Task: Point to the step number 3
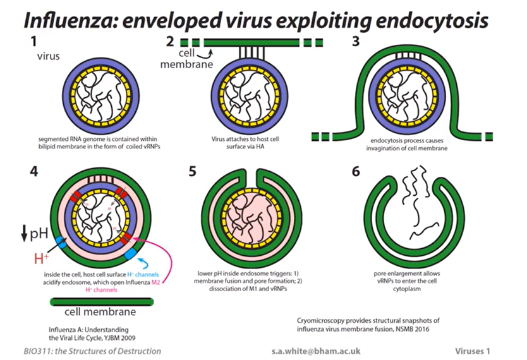(x=355, y=44)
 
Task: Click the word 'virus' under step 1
(x=47, y=56)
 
